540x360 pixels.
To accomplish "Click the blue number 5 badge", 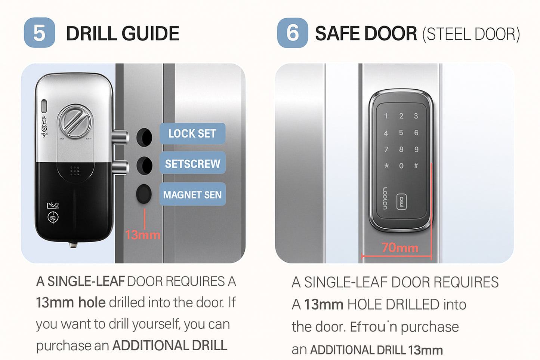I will (39, 33).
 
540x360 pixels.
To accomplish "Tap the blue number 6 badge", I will (293, 33).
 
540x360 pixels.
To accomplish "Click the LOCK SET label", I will (192, 133).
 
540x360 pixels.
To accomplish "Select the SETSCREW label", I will (192, 163).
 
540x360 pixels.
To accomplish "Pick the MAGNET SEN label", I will (192, 194).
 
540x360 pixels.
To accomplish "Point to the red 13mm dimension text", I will (142, 235).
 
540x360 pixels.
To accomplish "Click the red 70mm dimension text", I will (399, 247).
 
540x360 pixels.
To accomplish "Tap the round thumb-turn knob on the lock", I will (75, 121).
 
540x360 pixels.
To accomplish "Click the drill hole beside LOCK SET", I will (144, 137).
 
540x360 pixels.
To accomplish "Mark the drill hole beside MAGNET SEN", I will (144, 194).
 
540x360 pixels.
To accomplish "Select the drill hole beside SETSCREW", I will (144, 165).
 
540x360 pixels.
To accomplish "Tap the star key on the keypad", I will (386, 166).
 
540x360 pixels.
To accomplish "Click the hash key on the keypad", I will (416, 165).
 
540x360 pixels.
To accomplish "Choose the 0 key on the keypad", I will (401, 166).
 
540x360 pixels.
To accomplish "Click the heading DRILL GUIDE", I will (123, 34).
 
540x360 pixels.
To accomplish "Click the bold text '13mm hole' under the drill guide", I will (71, 302).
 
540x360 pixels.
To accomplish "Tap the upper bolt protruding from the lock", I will (121, 137).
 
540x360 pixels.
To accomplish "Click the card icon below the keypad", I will (401, 202).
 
